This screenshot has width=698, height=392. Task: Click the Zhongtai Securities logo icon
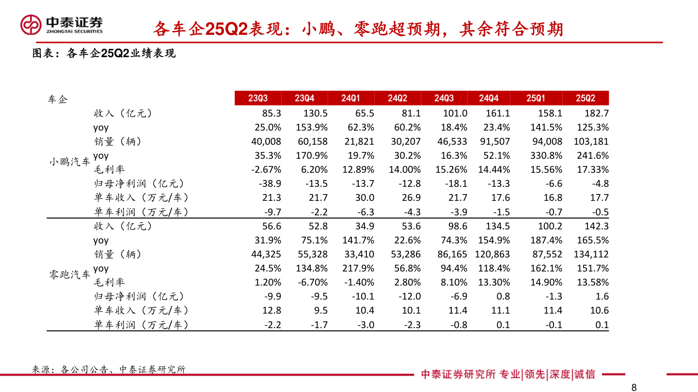tap(31, 25)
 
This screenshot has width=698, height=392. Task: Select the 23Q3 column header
tap(258, 98)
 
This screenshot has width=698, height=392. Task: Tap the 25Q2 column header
tap(585, 98)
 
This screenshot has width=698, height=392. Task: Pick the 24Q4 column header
tap(489, 98)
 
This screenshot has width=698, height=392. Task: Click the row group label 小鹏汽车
tap(69, 162)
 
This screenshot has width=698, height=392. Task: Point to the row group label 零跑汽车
tap(69, 275)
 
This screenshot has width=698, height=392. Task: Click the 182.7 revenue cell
tap(596, 113)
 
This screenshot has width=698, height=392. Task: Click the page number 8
tap(634, 387)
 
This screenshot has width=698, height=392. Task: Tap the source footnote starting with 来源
tap(109, 369)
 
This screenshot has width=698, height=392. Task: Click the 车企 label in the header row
tap(58, 100)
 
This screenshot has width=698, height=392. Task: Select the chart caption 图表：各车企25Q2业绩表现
tap(104, 54)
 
